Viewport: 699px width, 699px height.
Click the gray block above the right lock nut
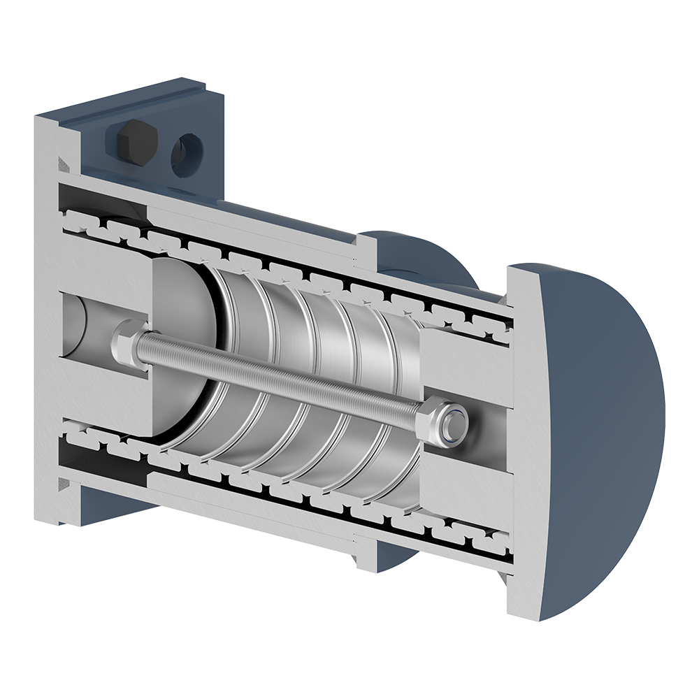coord(461,363)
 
